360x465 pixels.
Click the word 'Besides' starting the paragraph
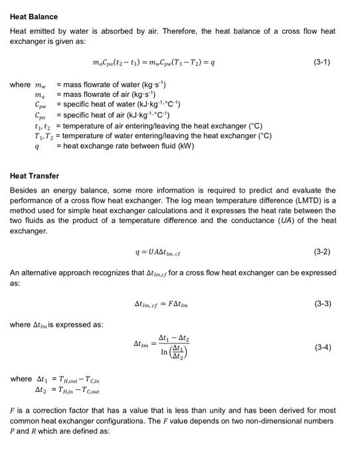click(x=24, y=189)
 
